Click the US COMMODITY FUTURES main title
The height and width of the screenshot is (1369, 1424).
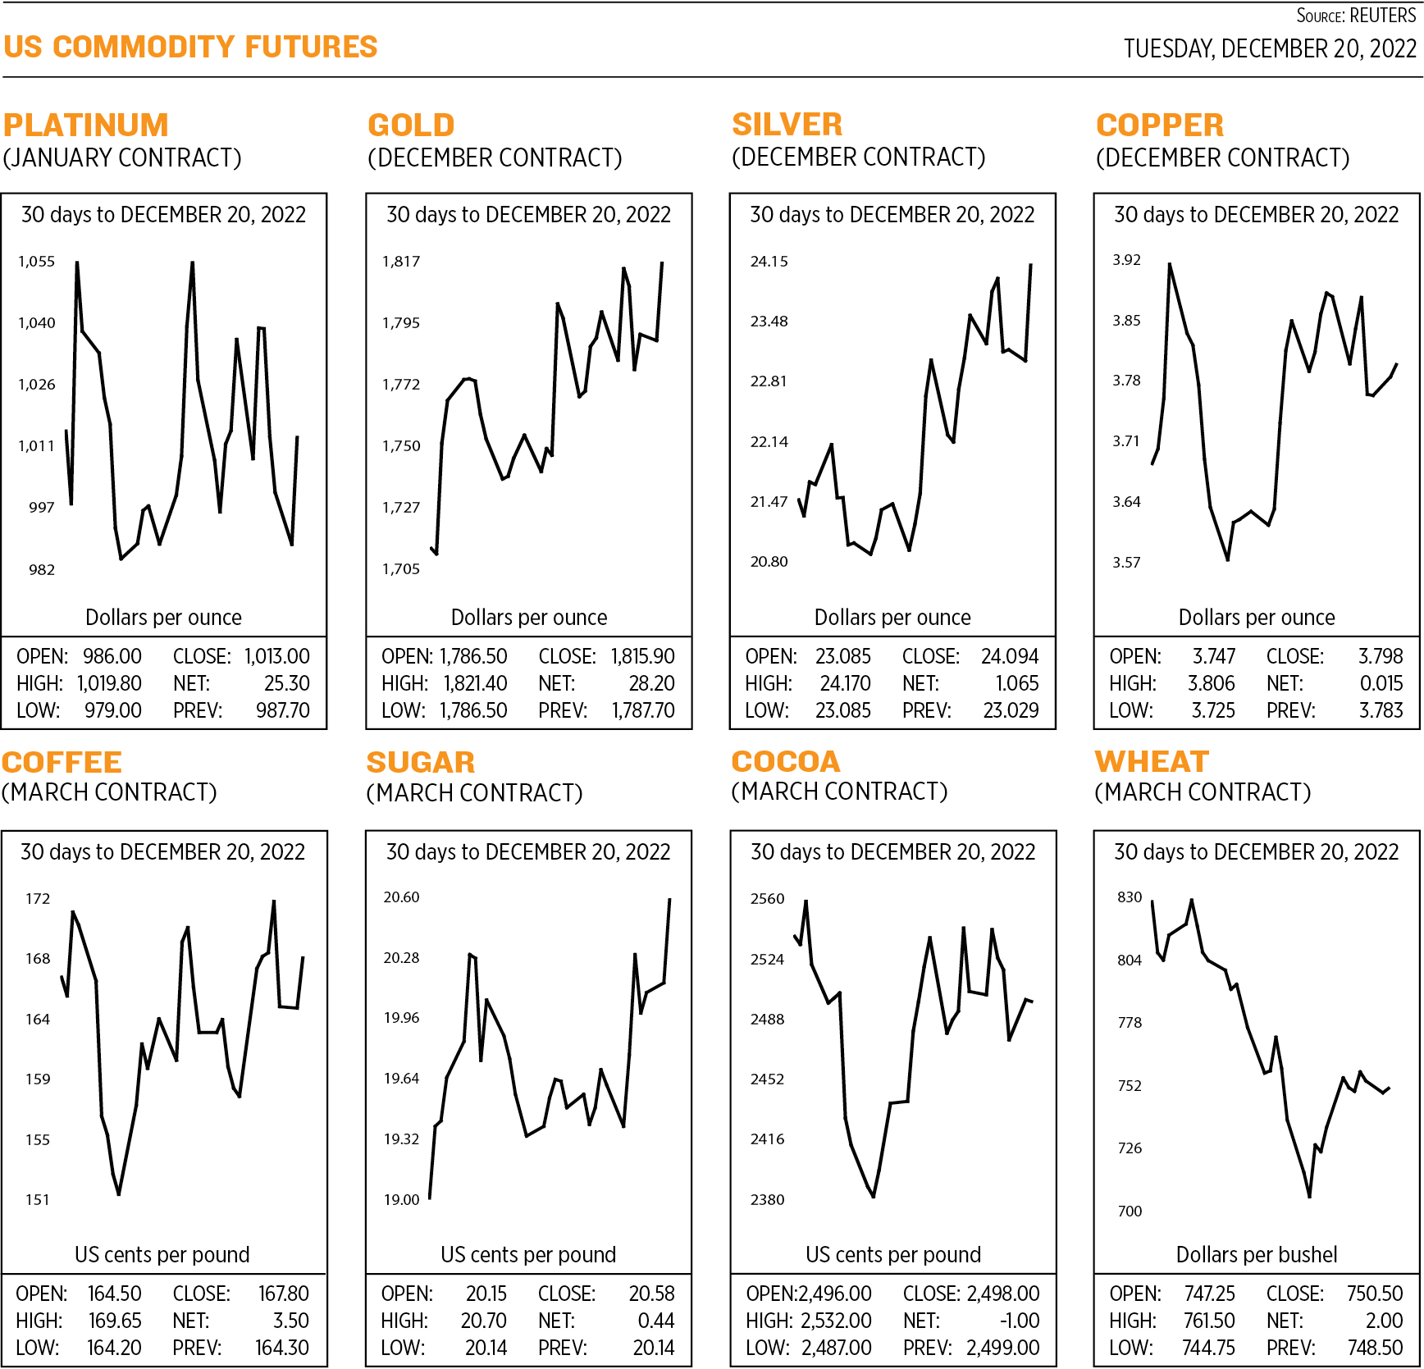tap(190, 47)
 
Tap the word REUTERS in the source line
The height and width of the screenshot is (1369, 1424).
tap(1382, 16)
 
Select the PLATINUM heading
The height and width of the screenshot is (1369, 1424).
tap(85, 125)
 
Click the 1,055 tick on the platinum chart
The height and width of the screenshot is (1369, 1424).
tap(37, 262)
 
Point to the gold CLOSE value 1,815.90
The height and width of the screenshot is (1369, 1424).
tap(642, 656)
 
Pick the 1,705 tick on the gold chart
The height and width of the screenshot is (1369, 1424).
tap(401, 569)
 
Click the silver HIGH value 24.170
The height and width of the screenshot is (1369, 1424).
tap(845, 683)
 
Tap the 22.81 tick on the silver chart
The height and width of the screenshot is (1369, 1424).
tap(769, 381)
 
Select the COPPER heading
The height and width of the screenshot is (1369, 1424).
tap(1159, 125)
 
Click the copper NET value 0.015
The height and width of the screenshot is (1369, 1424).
tap(1381, 683)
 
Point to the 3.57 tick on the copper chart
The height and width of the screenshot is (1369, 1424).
tap(1126, 563)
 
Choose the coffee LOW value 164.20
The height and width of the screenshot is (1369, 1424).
tap(114, 1348)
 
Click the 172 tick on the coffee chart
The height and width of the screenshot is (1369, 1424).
tap(38, 899)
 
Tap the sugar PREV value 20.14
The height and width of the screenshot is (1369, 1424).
tap(653, 1348)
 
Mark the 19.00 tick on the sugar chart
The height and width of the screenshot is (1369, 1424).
tap(401, 1200)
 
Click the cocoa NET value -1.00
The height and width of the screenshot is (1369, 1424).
tap(1019, 1321)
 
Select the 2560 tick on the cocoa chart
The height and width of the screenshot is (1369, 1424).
tap(767, 899)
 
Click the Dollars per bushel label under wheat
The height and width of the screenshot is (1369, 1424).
tap(1256, 1254)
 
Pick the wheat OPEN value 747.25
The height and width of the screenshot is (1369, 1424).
tap(1209, 1294)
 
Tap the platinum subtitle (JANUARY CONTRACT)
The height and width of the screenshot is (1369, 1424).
tap(122, 157)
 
